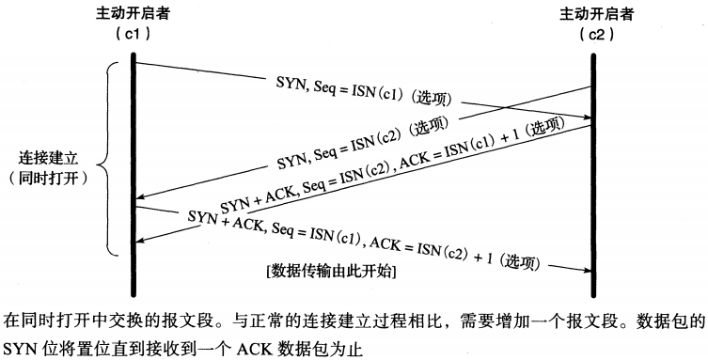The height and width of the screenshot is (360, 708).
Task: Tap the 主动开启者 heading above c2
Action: [x=592, y=14]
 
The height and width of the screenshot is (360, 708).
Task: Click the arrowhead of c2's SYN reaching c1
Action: [x=139, y=198]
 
